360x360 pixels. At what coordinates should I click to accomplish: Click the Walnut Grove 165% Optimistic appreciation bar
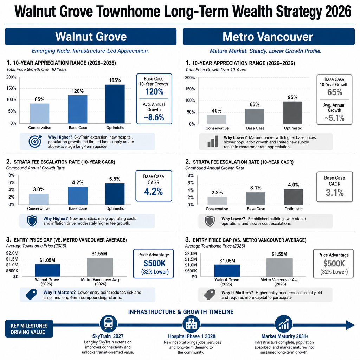click(x=115, y=104)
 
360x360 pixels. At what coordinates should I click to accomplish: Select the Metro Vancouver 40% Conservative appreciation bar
click(x=217, y=120)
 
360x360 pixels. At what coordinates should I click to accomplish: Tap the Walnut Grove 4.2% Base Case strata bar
click(x=78, y=195)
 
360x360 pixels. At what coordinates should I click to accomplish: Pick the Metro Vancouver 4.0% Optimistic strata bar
click(x=293, y=197)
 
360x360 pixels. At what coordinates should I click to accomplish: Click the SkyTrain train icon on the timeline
click(x=108, y=324)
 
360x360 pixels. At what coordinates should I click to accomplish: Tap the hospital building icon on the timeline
click(x=191, y=324)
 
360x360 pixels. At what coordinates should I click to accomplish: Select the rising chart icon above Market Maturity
click(x=284, y=324)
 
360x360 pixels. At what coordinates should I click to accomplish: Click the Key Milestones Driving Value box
click(x=29, y=329)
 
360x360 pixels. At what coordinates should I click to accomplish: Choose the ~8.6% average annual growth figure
click(x=154, y=117)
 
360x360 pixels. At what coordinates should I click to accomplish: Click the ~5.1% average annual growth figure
click(x=334, y=118)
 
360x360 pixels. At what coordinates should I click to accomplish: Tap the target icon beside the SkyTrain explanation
click(x=35, y=141)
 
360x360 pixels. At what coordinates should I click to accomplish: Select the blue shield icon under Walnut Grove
click(x=32, y=221)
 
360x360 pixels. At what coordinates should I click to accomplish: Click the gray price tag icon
click(x=209, y=295)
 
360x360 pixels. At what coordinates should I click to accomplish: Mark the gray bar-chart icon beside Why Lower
click(x=213, y=141)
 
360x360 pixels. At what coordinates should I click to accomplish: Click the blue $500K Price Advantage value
click(x=155, y=263)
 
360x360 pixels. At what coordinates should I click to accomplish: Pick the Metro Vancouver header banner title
click(x=268, y=37)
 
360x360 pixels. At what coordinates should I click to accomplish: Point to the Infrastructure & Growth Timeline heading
click(x=181, y=312)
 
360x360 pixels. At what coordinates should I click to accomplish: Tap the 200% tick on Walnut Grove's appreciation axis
click(x=11, y=77)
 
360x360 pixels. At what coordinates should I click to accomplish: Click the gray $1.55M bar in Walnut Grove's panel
click(x=100, y=267)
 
